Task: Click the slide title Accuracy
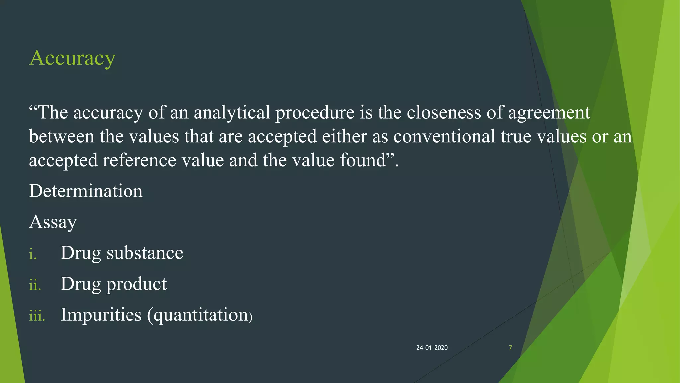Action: (72, 58)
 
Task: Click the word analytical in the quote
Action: (232, 112)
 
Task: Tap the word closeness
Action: (444, 112)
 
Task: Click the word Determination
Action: (86, 191)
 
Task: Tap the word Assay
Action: (53, 222)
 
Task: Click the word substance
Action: (145, 253)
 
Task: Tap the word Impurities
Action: (101, 315)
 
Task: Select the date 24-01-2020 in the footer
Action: (432, 348)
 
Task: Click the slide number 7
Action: (510, 348)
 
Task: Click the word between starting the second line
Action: (61, 136)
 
